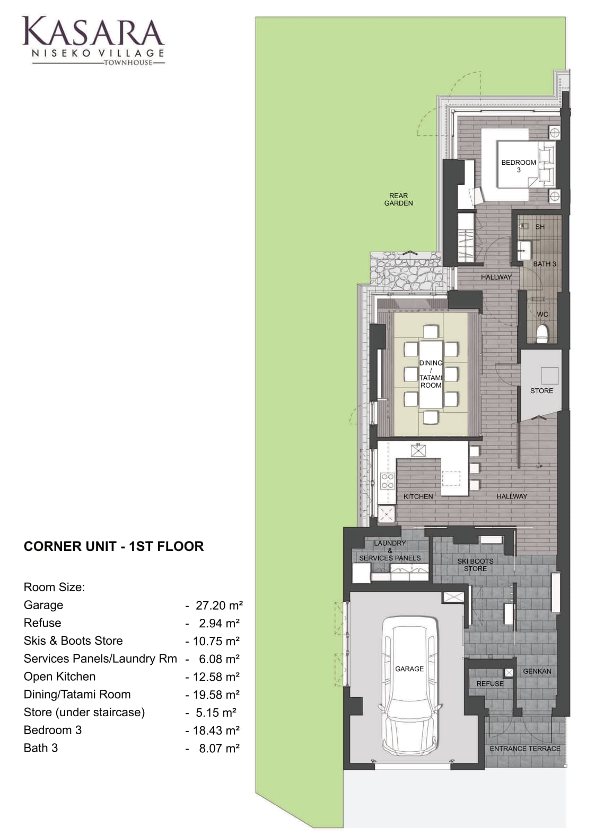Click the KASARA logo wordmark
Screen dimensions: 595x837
pyautogui.click(x=93, y=31)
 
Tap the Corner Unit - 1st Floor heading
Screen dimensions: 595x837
pyautogui.click(x=113, y=547)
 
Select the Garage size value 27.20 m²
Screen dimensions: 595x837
pyautogui.click(x=219, y=606)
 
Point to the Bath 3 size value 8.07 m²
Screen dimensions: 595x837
pyautogui.click(x=219, y=749)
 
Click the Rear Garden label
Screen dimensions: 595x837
pyautogui.click(x=398, y=199)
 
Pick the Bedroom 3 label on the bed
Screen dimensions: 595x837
pyautogui.click(x=518, y=166)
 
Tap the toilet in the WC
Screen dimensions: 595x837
pyautogui.click(x=541, y=334)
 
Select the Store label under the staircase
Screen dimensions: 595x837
pyautogui.click(x=541, y=391)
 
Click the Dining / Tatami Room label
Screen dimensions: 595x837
pyautogui.click(x=431, y=374)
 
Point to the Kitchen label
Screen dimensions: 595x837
pyautogui.click(x=418, y=496)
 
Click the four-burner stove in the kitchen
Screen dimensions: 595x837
pyautogui.click(x=388, y=481)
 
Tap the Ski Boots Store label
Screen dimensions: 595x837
pyautogui.click(x=475, y=565)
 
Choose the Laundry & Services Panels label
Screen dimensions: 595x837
pyautogui.click(x=390, y=550)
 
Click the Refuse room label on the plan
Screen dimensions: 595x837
pyautogui.click(x=490, y=684)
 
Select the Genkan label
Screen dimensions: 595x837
pyautogui.click(x=537, y=672)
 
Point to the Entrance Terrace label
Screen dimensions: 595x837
pyautogui.click(x=525, y=749)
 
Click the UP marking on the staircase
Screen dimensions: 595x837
pyautogui.click(x=539, y=467)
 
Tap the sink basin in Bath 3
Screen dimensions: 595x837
pyautogui.click(x=524, y=250)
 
